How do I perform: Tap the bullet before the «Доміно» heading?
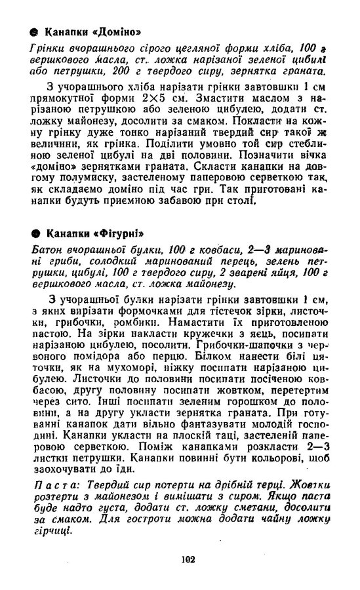tap(33, 33)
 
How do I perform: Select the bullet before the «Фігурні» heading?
tap(33, 234)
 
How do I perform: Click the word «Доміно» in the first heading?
tap(115, 33)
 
